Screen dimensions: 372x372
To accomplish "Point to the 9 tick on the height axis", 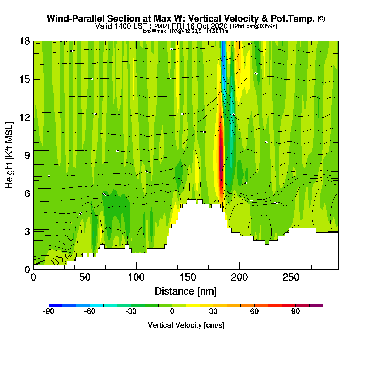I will click(27, 155).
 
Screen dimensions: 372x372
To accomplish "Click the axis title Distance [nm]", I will click(186, 291).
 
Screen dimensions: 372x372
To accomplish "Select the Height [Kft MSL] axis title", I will click(9, 155).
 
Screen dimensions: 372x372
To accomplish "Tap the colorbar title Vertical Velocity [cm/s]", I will click(186, 325).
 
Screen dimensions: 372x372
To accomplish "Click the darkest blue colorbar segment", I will click(56, 305).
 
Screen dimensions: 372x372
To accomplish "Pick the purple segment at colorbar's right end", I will click(316, 305).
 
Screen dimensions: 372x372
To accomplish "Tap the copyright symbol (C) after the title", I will click(321, 18).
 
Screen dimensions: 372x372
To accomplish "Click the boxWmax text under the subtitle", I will click(185, 31).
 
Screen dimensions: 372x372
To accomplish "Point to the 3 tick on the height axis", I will click(27, 231).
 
